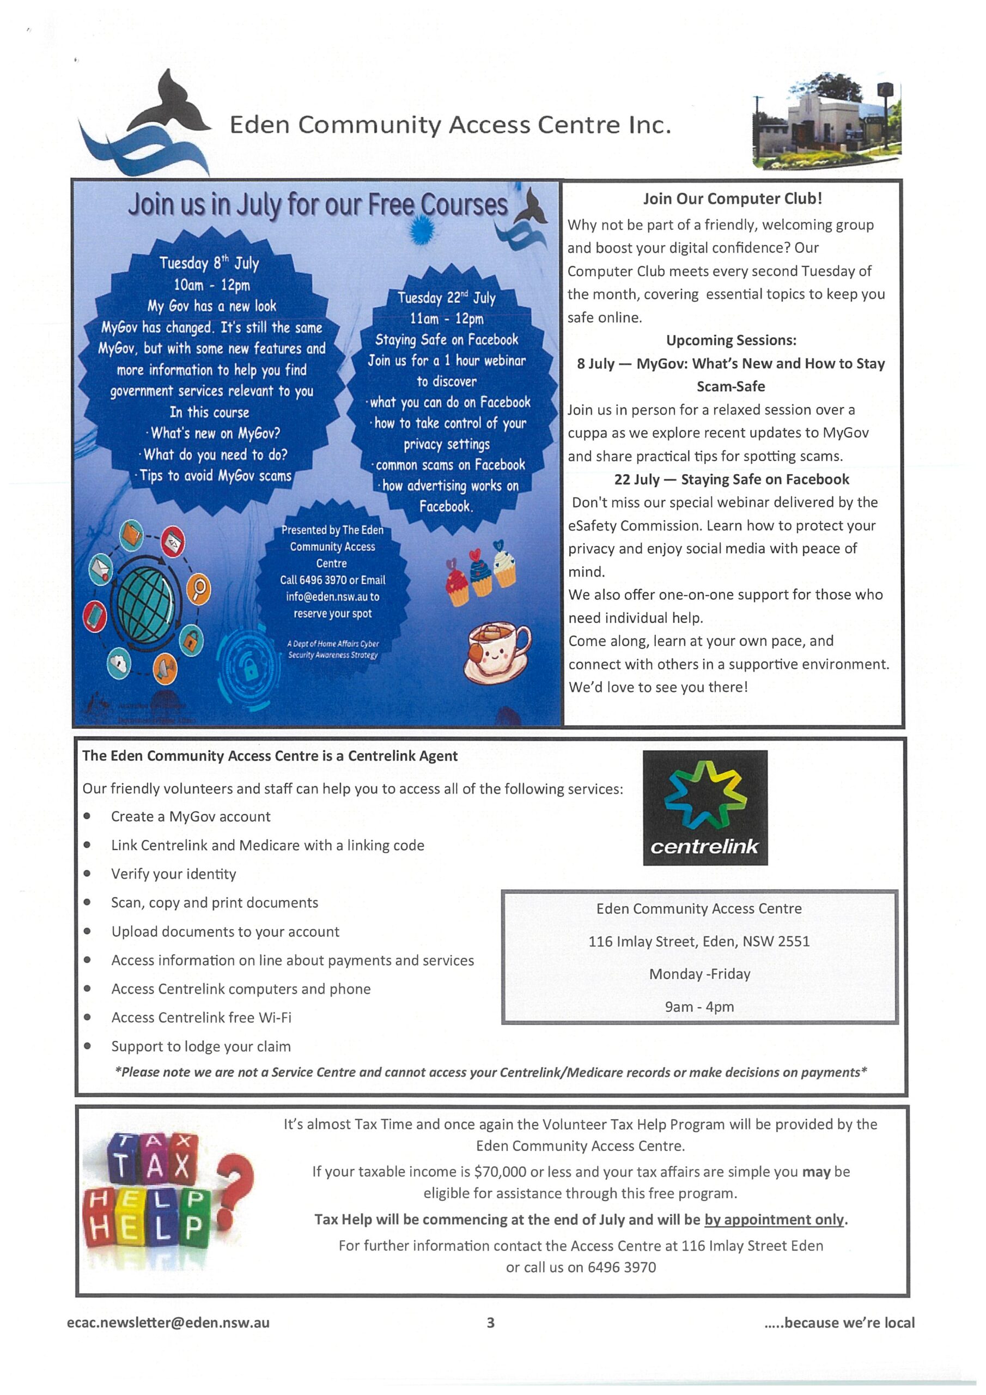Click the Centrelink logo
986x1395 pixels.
(705, 808)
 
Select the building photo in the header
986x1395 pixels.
(826, 123)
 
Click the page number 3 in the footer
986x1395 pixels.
(491, 1323)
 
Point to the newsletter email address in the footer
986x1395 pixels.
(168, 1323)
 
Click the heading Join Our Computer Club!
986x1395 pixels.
(732, 199)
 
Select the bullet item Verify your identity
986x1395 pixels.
(173, 874)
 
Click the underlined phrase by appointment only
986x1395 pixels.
(774, 1220)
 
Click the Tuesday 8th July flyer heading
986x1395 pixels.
(209, 263)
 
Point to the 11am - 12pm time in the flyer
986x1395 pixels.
(447, 318)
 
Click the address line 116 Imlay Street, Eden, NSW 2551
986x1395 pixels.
(699, 941)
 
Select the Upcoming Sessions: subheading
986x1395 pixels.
(731, 340)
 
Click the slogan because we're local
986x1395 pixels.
(849, 1323)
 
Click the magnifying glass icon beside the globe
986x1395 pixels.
(199, 588)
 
